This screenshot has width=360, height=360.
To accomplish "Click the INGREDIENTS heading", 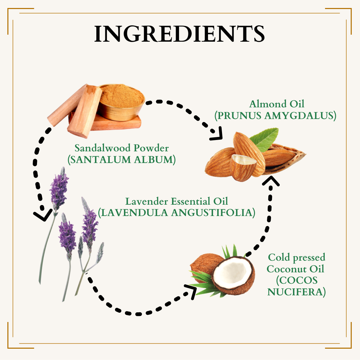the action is [x=180, y=34].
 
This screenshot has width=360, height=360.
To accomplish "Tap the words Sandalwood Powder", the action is [x=122, y=148].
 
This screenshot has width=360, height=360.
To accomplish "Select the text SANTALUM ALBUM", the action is [x=122, y=160].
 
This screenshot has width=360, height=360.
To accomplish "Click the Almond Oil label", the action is [x=277, y=104].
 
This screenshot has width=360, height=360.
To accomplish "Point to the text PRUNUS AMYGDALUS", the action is [x=275, y=115].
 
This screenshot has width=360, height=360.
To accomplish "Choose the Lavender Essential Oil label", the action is [x=177, y=201].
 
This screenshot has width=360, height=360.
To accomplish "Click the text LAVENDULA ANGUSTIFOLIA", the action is [x=177, y=213].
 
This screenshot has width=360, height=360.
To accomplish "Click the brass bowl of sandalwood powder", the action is [x=121, y=102].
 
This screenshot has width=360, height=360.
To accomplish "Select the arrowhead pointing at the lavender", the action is [x=43, y=215].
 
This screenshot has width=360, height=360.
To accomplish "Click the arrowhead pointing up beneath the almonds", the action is [x=271, y=181].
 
